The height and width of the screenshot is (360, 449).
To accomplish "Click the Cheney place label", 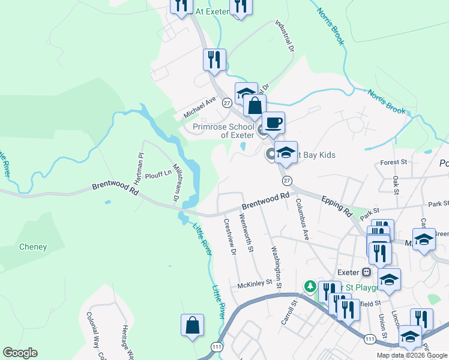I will point(33,247).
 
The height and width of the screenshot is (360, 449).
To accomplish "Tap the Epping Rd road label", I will point(336,205).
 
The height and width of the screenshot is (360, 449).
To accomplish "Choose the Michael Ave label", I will point(200,107).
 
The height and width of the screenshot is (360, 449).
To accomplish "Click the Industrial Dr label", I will point(285,34).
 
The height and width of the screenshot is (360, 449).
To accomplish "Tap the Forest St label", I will point(394,162).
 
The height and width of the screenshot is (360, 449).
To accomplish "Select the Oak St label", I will point(396,185).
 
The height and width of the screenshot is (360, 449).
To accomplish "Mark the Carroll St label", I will point(289,313).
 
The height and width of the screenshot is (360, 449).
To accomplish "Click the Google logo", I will point(20,353).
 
